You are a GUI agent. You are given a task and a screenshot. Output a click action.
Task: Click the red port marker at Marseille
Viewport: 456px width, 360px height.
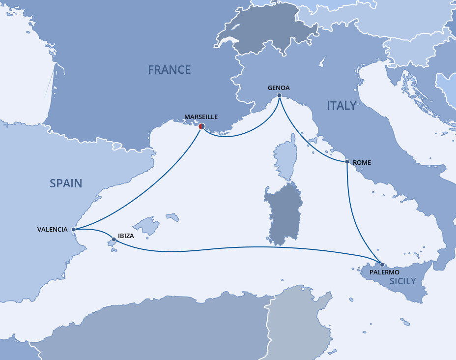coord(201,126)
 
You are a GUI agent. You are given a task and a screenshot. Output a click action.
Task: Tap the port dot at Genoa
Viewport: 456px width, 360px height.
coord(279,95)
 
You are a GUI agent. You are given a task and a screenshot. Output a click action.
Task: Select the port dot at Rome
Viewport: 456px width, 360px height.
coord(347,162)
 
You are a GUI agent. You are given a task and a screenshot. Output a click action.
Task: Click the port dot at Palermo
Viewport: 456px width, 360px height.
coord(382,265)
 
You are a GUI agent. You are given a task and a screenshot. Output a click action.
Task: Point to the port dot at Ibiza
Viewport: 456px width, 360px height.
coord(114,240)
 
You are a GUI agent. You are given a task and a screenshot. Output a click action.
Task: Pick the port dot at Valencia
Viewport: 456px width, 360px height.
coord(73,229)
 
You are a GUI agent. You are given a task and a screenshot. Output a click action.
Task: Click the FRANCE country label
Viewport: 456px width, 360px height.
coord(169,70)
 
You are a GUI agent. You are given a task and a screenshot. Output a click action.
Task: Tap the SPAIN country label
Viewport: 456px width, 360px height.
coord(66,183)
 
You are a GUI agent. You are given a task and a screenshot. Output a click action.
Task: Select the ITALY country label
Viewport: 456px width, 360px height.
coord(342,106)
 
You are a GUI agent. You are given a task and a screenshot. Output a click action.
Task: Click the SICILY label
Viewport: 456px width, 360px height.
coord(402,281)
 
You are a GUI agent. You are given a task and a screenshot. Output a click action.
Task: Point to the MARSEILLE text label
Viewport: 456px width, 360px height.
coord(200,117)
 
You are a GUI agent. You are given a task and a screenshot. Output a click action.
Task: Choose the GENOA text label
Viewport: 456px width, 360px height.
coord(279,88)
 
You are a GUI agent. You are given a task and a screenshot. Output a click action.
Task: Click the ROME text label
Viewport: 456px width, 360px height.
coord(362,162)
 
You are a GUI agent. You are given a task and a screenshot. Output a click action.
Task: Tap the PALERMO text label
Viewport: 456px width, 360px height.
coord(385,272)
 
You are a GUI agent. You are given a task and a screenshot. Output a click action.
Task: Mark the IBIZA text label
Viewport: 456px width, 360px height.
coord(126,236)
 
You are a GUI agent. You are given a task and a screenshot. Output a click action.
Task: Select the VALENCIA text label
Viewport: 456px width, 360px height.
coord(52,230)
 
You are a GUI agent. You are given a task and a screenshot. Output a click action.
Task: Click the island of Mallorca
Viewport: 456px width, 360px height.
coord(147,226)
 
